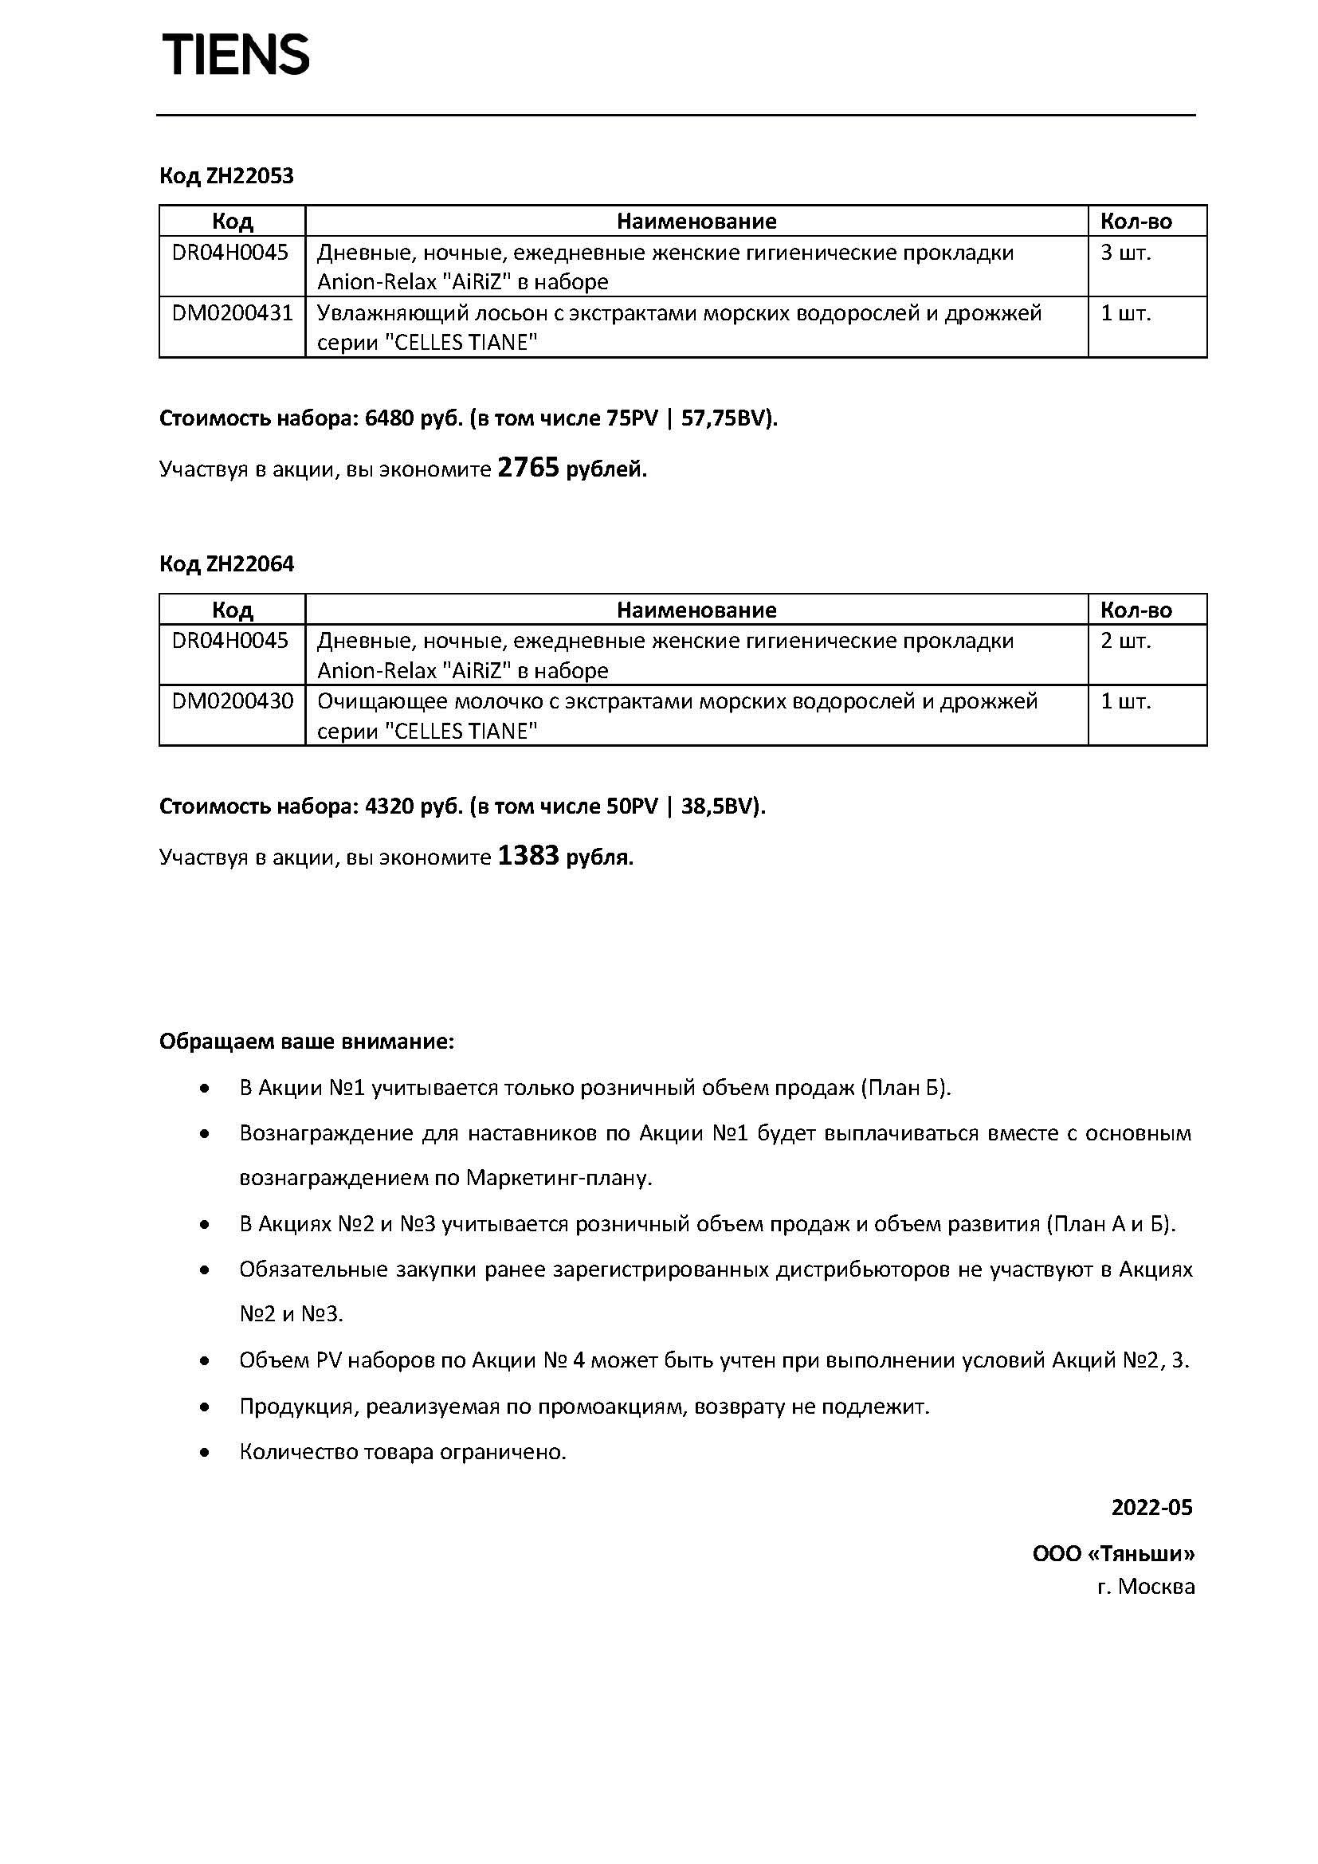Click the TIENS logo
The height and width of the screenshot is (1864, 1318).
coord(236,55)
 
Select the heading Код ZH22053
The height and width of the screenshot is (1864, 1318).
coord(226,176)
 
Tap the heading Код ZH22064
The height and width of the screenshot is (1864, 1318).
coord(226,563)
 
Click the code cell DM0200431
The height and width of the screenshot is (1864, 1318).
coord(232,313)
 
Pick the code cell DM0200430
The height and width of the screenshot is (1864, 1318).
coord(232,701)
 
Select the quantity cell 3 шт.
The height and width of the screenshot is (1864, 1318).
coord(1126,253)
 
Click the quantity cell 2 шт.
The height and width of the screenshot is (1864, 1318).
coord(1126,642)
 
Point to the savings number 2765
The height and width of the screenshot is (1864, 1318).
coord(528,469)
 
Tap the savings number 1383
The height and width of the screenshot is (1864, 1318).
coord(528,856)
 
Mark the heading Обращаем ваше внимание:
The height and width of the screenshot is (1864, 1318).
coord(307,1042)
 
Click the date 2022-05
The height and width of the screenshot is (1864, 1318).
coord(1151,1508)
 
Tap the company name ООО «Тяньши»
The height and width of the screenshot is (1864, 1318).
coord(1113,1554)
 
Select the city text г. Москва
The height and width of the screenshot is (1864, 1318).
coord(1146,1587)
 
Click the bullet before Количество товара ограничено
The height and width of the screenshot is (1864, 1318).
coord(206,1453)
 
